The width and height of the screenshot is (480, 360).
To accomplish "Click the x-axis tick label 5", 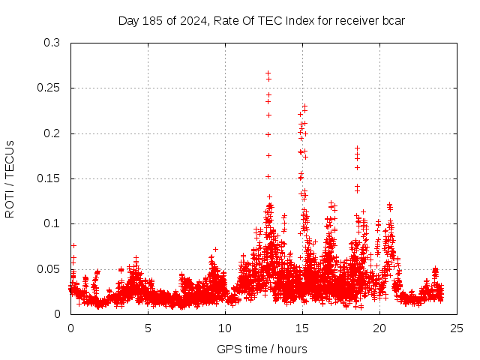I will pos(148,328).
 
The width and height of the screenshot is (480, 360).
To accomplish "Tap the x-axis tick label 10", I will pos(225,328).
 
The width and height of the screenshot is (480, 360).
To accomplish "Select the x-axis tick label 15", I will pos(302,328).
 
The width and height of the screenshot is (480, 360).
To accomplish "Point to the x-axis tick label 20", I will pos(379,328).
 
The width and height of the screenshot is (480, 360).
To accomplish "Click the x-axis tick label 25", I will pos(457,328).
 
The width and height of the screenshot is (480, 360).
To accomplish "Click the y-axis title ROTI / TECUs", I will pos(10,178).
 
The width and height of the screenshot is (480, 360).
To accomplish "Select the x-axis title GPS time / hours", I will pos(262,349).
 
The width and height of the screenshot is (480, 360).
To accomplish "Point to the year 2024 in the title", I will pos(191,20).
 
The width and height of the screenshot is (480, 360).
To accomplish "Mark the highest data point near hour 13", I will pos(268,73).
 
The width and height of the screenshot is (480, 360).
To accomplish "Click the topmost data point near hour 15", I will pos(304,106).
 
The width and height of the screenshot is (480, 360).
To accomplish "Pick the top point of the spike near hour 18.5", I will pos(358,148).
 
